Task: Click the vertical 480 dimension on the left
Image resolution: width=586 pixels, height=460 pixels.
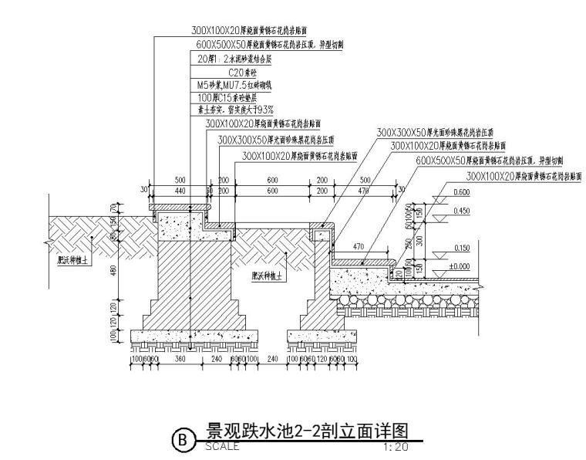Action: pyautogui.click(x=113, y=269)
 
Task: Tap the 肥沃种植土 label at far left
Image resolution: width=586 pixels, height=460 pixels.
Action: pyautogui.click(x=74, y=261)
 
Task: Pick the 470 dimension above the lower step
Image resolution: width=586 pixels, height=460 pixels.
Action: pyautogui.click(x=357, y=247)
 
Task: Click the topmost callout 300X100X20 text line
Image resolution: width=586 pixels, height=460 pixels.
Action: pyautogui.click(x=245, y=32)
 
